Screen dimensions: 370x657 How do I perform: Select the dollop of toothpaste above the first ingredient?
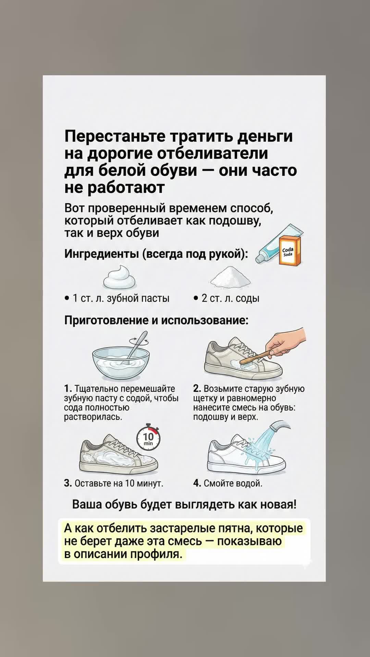point(120,278)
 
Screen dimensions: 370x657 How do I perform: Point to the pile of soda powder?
point(231,278)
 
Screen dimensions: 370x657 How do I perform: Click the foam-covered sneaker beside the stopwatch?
point(118,453)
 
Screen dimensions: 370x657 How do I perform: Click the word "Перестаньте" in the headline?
point(116,136)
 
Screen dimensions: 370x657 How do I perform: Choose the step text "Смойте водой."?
point(233,483)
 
